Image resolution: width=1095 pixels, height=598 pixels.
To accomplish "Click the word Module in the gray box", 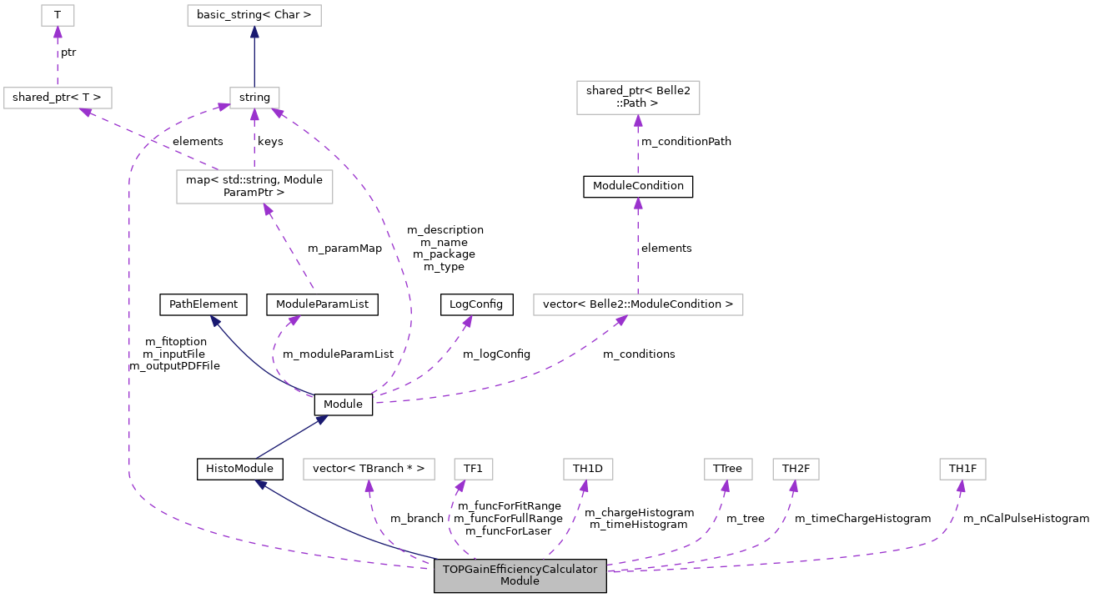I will point(520,581).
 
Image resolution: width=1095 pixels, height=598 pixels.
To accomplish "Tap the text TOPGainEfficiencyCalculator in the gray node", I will point(520,570).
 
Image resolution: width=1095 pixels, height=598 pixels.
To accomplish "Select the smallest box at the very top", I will point(58,15).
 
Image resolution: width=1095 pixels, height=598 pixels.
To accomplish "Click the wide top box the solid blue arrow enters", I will point(254,15).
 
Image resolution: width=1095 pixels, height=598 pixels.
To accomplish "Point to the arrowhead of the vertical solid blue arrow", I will point(254,33).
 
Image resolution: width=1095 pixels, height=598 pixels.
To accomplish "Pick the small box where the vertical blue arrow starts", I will point(254,98).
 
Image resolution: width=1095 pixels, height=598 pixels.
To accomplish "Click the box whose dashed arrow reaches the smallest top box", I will point(58,98).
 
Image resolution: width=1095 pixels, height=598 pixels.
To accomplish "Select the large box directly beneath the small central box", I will point(254,186).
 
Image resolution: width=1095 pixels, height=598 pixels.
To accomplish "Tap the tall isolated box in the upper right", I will point(638,98).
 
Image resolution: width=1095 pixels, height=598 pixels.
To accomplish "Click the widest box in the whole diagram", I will point(638,304).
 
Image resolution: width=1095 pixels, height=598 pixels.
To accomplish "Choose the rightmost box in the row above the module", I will point(962,469).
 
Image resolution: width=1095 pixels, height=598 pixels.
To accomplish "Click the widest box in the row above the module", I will point(369,469).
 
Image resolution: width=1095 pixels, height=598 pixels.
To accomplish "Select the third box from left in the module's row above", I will point(588,469).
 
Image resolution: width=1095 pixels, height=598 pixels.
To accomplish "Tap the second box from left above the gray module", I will point(473,469).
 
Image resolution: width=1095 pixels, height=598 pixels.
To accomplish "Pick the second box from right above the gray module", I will point(796,469).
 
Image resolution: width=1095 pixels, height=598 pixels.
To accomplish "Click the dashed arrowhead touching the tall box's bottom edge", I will point(638,121).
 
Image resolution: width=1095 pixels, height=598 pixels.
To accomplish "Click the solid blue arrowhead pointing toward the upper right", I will point(321,420).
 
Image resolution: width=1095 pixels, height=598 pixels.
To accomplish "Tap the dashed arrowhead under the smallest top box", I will point(58,33).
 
